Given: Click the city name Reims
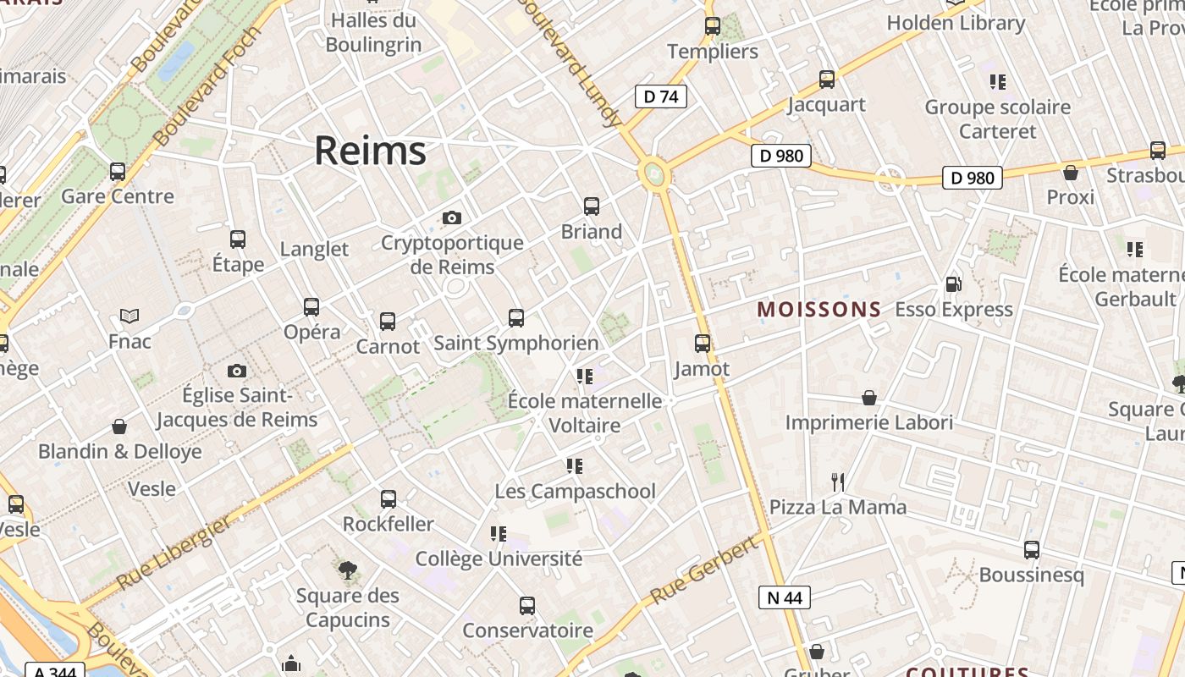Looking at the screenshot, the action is click(370, 151).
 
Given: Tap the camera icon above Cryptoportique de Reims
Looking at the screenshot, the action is click(452, 218).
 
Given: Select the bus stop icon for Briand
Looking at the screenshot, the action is click(592, 206).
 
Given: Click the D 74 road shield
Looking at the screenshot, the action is click(660, 96).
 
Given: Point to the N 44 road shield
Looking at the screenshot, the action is click(784, 597).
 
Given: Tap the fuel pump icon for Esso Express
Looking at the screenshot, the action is click(953, 285).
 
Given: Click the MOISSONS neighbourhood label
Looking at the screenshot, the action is click(819, 310).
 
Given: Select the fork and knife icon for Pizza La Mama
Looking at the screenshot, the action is click(838, 482).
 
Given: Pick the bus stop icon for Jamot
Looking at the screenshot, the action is click(703, 344).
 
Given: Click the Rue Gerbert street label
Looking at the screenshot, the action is click(704, 571).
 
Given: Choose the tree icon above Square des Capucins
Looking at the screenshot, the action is click(347, 570).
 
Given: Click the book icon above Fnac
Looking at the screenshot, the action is click(130, 316).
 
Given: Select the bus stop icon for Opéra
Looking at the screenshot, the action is click(311, 307).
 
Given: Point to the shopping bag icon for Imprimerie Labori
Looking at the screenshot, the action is click(869, 398).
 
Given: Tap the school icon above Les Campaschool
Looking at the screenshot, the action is click(575, 466).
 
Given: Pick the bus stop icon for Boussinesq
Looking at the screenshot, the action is click(1031, 550).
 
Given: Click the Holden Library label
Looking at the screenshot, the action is click(956, 23).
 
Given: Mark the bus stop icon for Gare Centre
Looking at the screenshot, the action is click(118, 172).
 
